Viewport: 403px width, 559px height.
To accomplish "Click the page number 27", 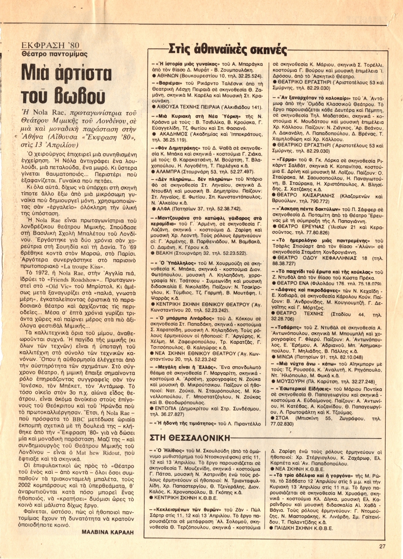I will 383,546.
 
